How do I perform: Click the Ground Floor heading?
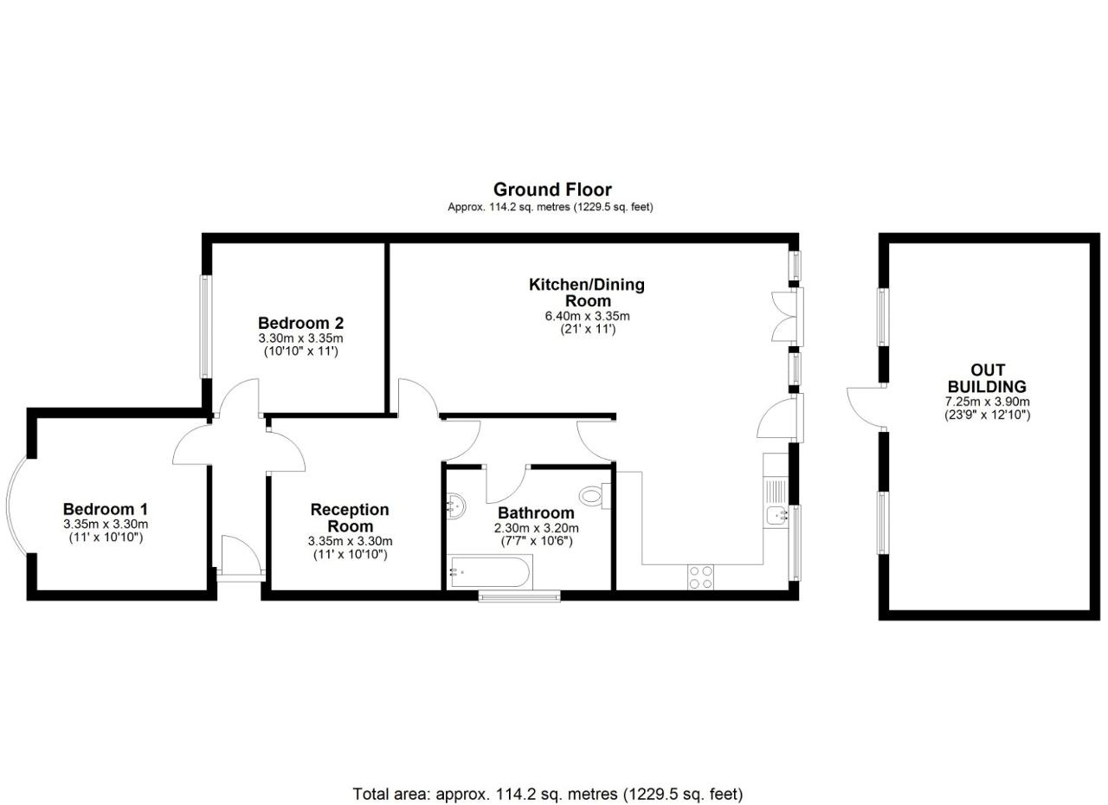coord(552,190)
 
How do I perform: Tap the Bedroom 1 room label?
coord(106,509)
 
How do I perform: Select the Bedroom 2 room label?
coord(300,323)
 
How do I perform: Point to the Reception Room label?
coord(350,518)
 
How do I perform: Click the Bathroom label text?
coord(536,512)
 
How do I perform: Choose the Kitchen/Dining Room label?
coord(587,293)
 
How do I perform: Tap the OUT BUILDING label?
coord(988,378)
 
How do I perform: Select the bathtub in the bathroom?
coord(490,572)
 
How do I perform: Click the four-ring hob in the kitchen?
coord(700,577)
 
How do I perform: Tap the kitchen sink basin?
coord(776,516)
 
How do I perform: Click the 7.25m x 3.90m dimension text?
coord(988,402)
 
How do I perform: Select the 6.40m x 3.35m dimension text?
coord(587,316)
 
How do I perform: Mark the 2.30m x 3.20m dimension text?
coord(536,528)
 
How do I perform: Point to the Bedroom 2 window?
coord(206,327)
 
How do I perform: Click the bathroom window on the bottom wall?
coord(519,596)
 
